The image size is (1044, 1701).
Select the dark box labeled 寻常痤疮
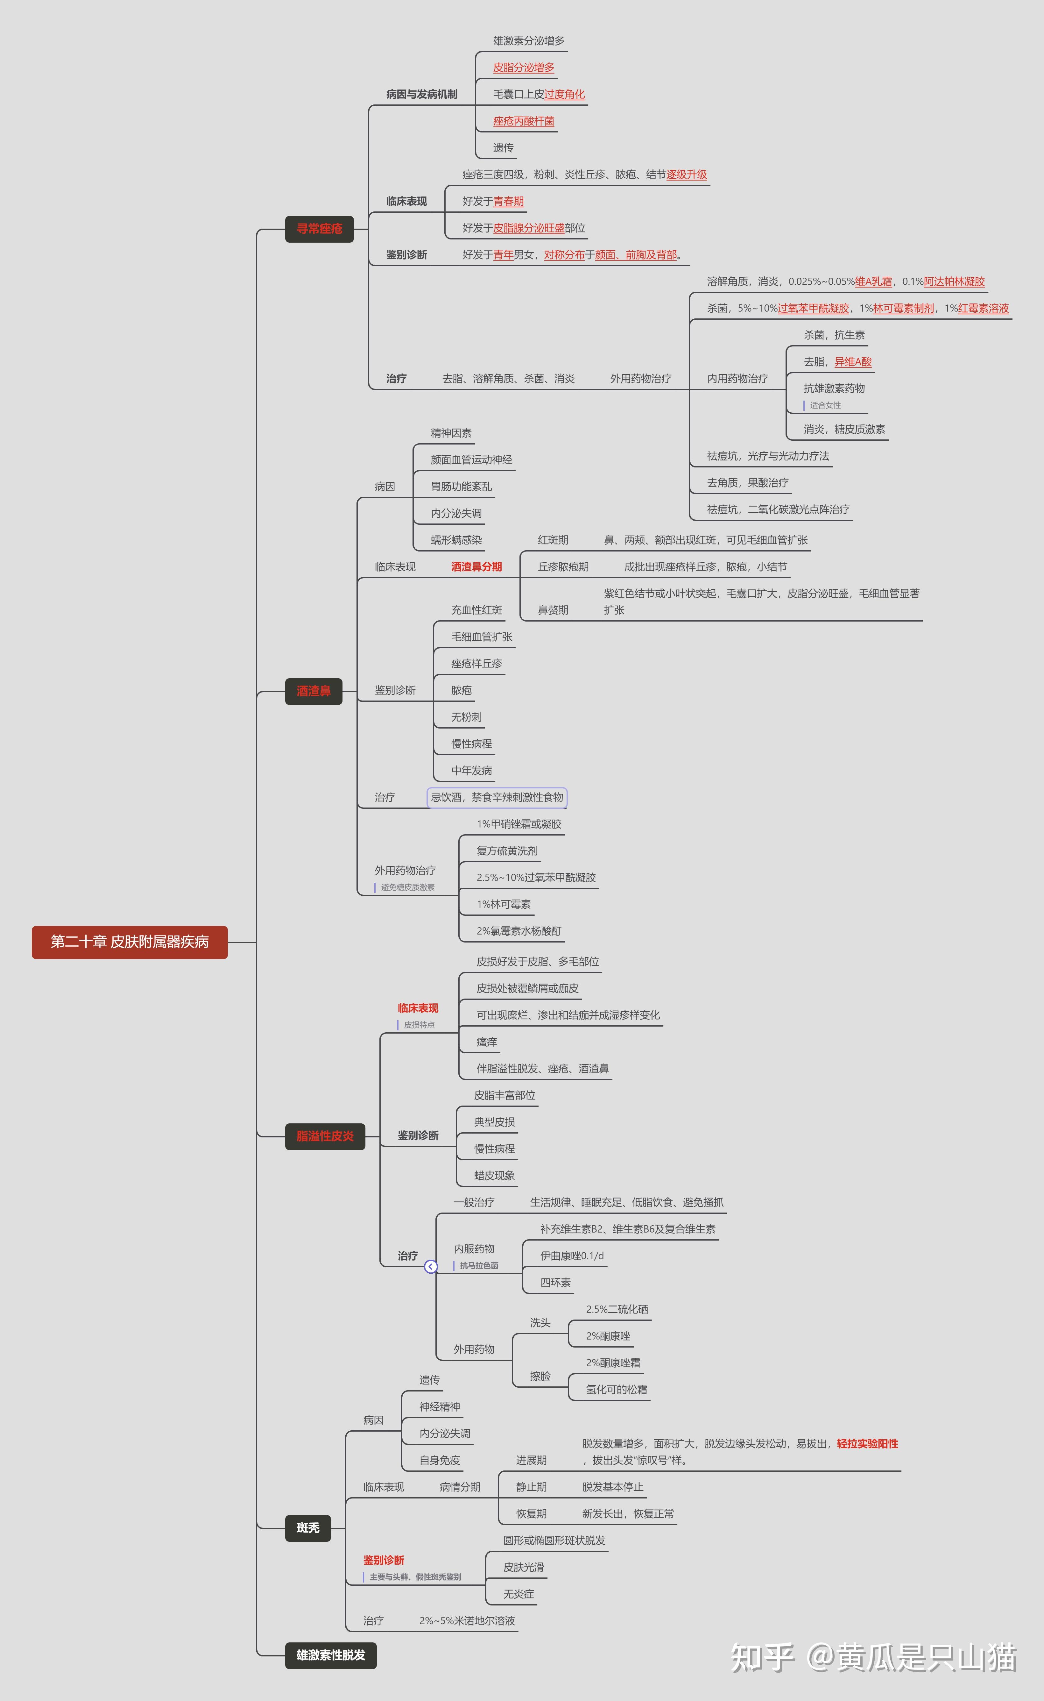pos(319,229)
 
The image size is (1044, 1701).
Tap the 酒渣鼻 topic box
pos(314,691)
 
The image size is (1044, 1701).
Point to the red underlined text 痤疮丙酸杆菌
pos(523,121)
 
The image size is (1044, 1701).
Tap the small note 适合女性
pos(825,405)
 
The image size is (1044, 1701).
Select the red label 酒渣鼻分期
pos(476,567)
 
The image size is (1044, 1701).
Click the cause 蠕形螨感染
pos(456,540)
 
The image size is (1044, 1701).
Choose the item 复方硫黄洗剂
pos(507,851)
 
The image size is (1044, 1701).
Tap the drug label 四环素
pos(555,1283)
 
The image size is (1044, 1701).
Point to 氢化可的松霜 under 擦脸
pos(617,1390)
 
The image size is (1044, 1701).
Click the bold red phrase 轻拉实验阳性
pos(867,1443)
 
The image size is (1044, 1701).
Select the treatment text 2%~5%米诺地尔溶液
pos(467,1621)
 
